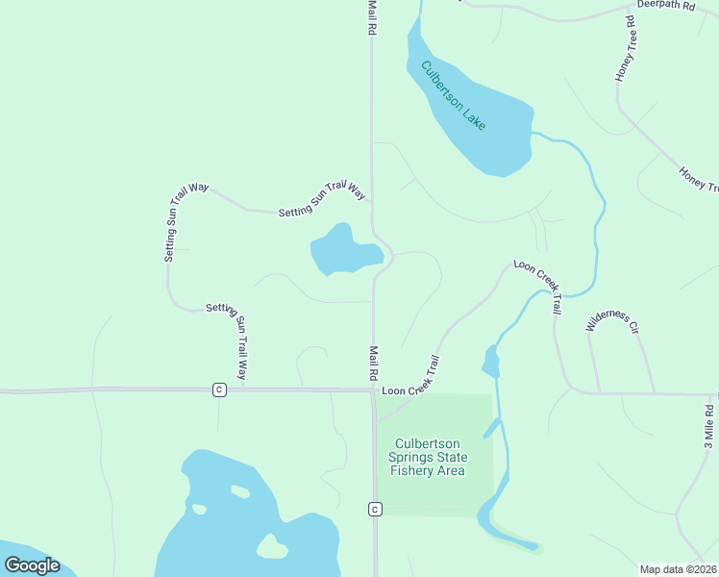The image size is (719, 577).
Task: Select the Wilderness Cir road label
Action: pyautogui.click(x=613, y=321)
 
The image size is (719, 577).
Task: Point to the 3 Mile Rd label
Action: pyautogui.click(x=708, y=425)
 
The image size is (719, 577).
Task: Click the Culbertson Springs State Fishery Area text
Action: pyautogui.click(x=428, y=458)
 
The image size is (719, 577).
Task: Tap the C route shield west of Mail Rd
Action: pyautogui.click(x=220, y=389)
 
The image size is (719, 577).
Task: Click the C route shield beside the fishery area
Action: pyautogui.click(x=375, y=509)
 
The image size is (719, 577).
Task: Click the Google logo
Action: pyautogui.click(x=32, y=565)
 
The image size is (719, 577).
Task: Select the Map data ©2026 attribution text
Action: pyautogui.click(x=679, y=569)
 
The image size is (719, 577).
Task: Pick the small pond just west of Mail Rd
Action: pyautogui.click(x=341, y=251)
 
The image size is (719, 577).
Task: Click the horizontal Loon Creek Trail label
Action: pyautogui.click(x=410, y=391)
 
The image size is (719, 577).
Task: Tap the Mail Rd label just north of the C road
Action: pyautogui.click(x=372, y=365)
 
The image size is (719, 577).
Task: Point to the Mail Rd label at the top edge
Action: pyautogui.click(x=372, y=17)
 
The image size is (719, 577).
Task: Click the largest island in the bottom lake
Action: pyautogui.click(x=272, y=546)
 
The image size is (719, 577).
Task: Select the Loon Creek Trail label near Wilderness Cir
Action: pyautogui.click(x=536, y=287)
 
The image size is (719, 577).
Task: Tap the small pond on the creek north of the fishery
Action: pyautogui.click(x=490, y=362)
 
